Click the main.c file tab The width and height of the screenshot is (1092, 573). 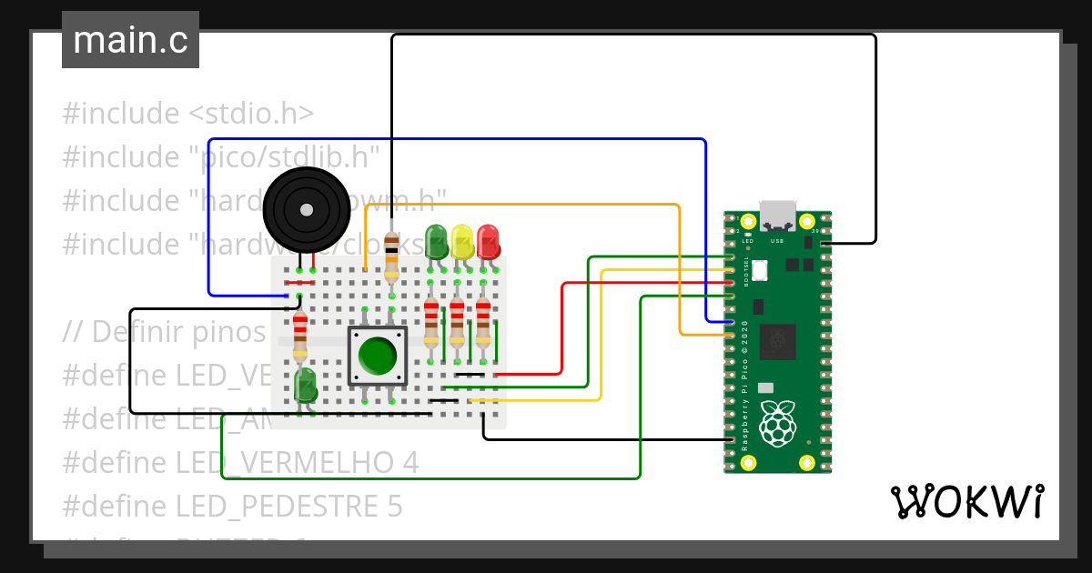(x=130, y=40)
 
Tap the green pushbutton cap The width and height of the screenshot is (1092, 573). (x=377, y=356)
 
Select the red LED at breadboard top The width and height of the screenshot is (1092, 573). (x=488, y=240)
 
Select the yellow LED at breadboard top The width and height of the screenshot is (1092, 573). (x=462, y=240)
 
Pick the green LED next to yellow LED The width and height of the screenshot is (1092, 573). (x=437, y=240)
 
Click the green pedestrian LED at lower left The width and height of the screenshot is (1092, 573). (x=305, y=384)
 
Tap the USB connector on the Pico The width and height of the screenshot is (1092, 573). (x=776, y=215)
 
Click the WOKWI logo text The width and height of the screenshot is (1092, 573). (x=966, y=501)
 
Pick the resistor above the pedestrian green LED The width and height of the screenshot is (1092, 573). (x=299, y=334)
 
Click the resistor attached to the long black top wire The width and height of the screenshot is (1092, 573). (x=391, y=256)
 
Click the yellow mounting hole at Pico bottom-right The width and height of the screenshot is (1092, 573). (x=805, y=462)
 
